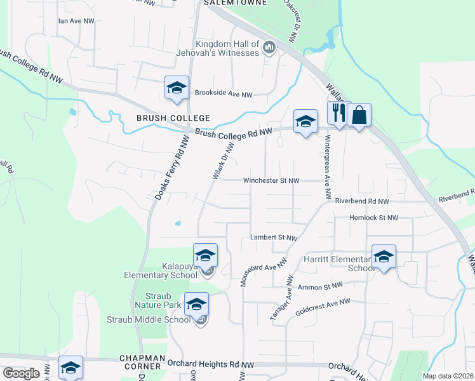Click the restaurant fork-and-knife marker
(338, 114)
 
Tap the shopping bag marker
(359, 115)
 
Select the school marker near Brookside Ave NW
(177, 88)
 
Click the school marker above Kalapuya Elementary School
(205, 255)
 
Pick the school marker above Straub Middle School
(196, 304)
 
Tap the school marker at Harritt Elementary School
(384, 257)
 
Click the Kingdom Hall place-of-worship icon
(269, 48)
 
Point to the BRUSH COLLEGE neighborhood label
(173, 118)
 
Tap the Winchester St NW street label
(271, 180)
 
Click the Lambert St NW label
(274, 237)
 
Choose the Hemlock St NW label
(374, 218)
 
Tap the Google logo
(20, 373)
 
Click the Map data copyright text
(448, 376)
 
